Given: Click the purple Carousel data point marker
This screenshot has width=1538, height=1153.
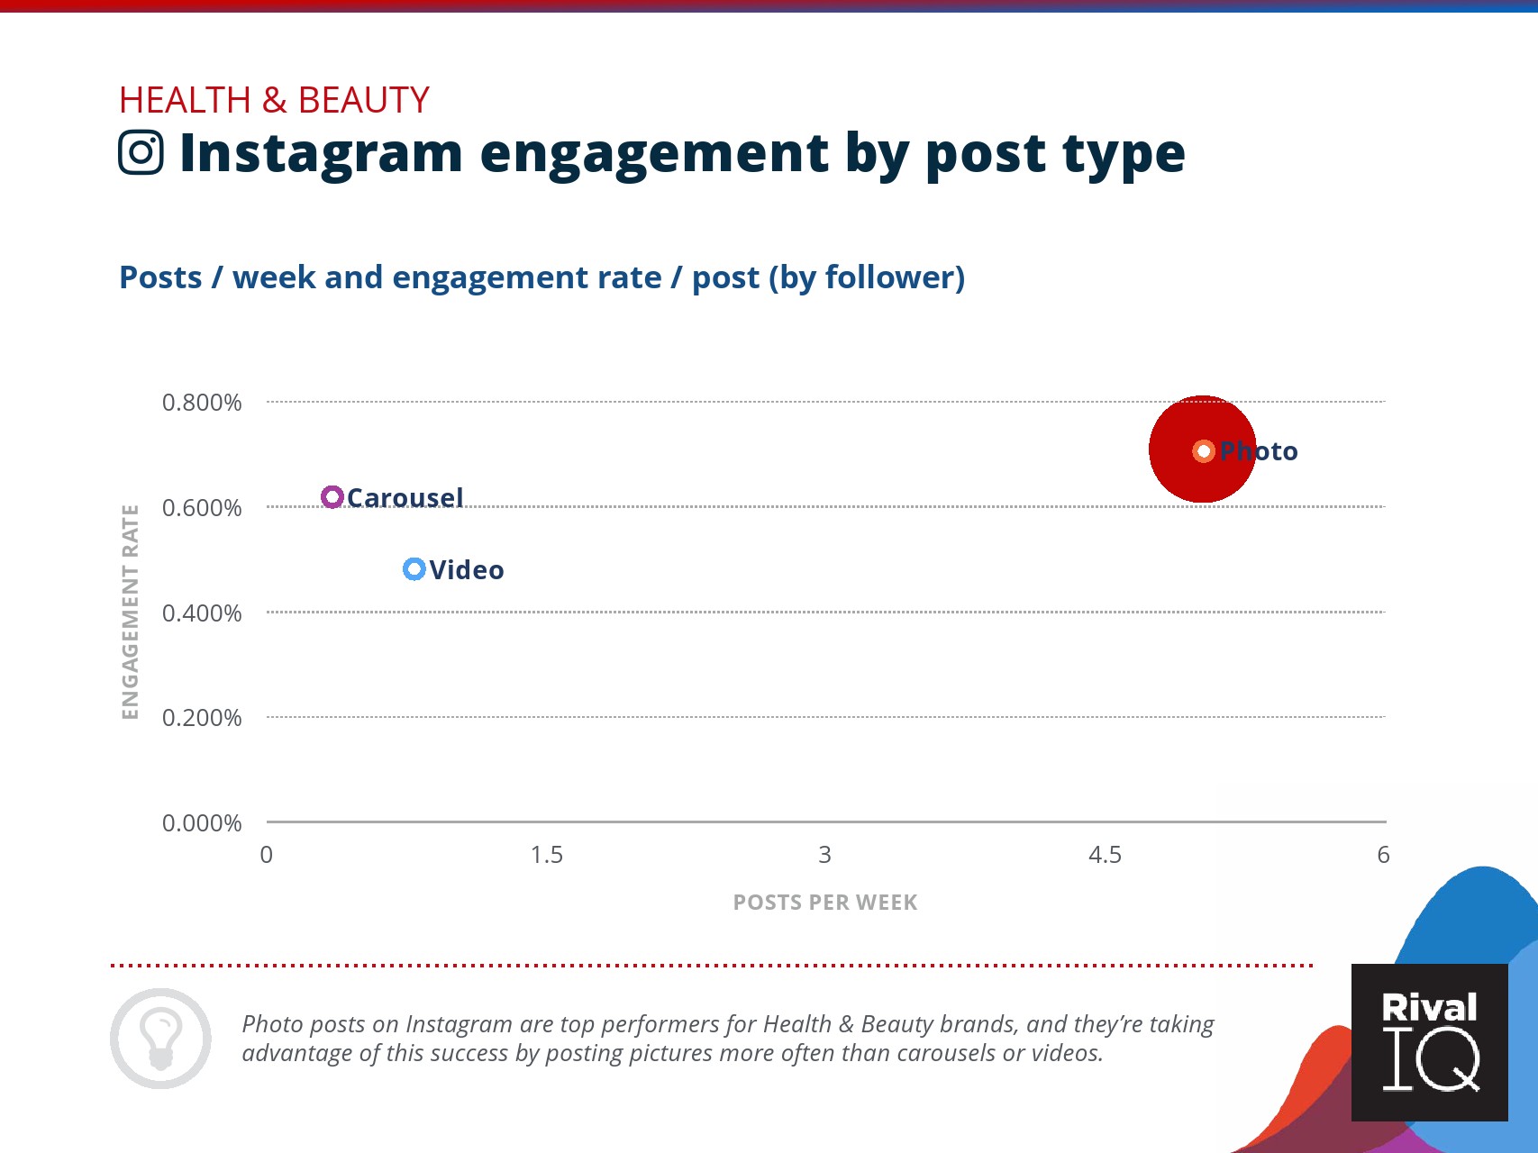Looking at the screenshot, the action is click(x=332, y=497).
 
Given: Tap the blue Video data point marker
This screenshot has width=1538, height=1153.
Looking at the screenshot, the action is click(x=414, y=569).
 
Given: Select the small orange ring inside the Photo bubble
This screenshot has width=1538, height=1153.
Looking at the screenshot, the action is click(x=1204, y=450).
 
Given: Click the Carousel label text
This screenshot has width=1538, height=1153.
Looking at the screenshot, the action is click(x=405, y=497).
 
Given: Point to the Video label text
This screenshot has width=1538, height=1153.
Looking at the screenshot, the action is click(x=467, y=570).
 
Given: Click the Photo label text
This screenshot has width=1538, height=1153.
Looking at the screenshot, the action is click(x=1259, y=451).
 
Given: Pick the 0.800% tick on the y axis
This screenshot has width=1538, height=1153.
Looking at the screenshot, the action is click(x=202, y=403).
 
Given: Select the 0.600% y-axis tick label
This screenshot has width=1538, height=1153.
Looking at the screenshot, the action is click(x=202, y=508).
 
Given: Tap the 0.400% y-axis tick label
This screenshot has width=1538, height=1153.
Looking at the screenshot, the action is click(x=202, y=613).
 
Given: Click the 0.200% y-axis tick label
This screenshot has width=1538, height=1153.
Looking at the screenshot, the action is click(x=202, y=718).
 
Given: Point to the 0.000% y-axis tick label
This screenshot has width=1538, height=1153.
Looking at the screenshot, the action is click(x=202, y=823).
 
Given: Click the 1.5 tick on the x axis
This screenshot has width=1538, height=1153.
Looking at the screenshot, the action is click(x=547, y=855).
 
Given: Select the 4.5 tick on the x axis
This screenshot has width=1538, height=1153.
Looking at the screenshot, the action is click(x=1106, y=855).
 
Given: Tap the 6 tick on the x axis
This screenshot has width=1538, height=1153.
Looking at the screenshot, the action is click(x=1384, y=855).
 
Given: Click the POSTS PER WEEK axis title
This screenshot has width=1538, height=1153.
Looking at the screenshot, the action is click(x=825, y=903).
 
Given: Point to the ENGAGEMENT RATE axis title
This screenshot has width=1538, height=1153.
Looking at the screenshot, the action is click(x=131, y=613).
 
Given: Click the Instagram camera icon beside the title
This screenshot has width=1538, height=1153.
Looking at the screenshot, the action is click(x=141, y=152).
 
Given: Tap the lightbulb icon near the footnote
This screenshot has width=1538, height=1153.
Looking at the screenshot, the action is click(x=161, y=1039).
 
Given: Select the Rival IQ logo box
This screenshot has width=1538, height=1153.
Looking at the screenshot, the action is click(x=1430, y=1043).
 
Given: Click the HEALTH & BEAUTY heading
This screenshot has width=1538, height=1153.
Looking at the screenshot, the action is click(x=275, y=100).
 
